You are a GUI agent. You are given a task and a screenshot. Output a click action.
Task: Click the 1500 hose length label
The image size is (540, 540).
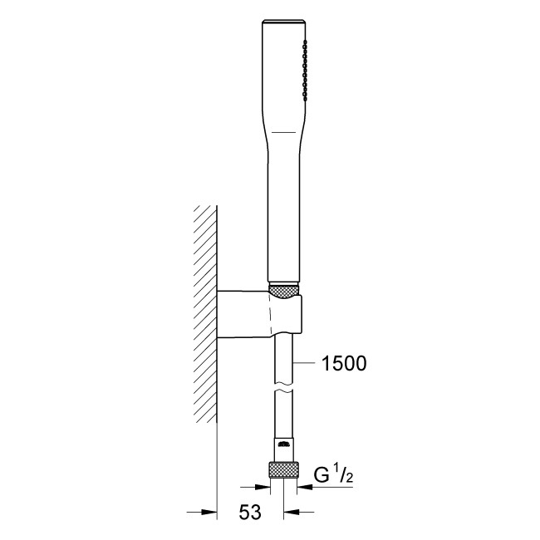click(342, 363)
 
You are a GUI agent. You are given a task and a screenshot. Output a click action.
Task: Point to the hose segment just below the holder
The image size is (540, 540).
click(282, 357)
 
